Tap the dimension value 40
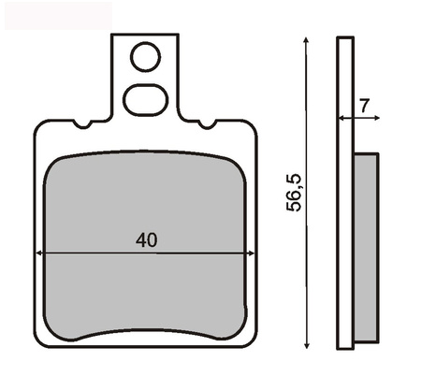point(145,239)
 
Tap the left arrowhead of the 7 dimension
point(341,118)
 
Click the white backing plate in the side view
point(345,187)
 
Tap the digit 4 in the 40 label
point(139,239)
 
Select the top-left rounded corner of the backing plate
point(41,126)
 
